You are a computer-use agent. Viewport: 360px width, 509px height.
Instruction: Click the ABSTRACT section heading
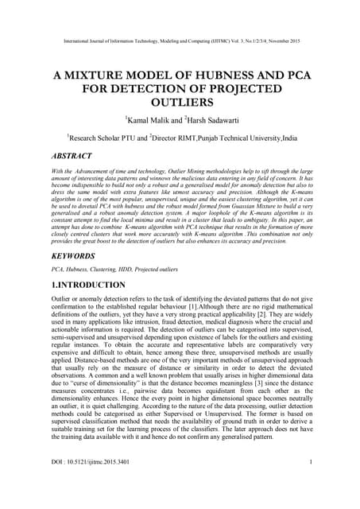pos(76,157)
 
